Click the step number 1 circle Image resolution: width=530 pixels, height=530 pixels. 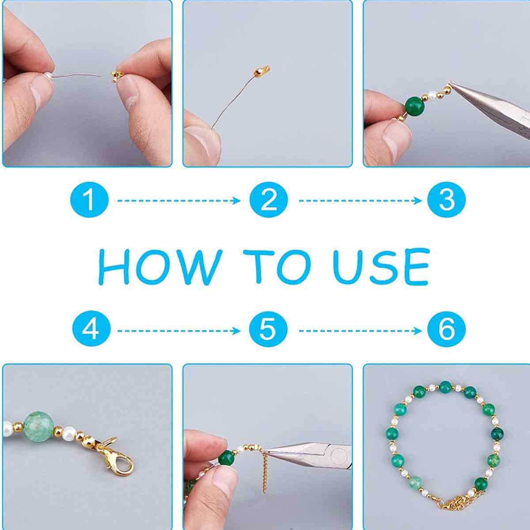point(89,201)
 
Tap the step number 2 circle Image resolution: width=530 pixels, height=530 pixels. point(269,201)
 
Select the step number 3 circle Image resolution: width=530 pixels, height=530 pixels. point(447,201)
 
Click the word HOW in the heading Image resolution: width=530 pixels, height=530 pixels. point(160,266)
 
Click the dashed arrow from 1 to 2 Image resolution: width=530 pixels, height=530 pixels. point(179,201)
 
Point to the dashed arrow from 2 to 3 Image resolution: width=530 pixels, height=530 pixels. point(360,201)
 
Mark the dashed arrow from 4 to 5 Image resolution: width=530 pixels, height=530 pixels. point(179,331)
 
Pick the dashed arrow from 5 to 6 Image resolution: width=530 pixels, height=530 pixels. point(360,331)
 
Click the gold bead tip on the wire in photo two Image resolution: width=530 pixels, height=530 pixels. point(261,72)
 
